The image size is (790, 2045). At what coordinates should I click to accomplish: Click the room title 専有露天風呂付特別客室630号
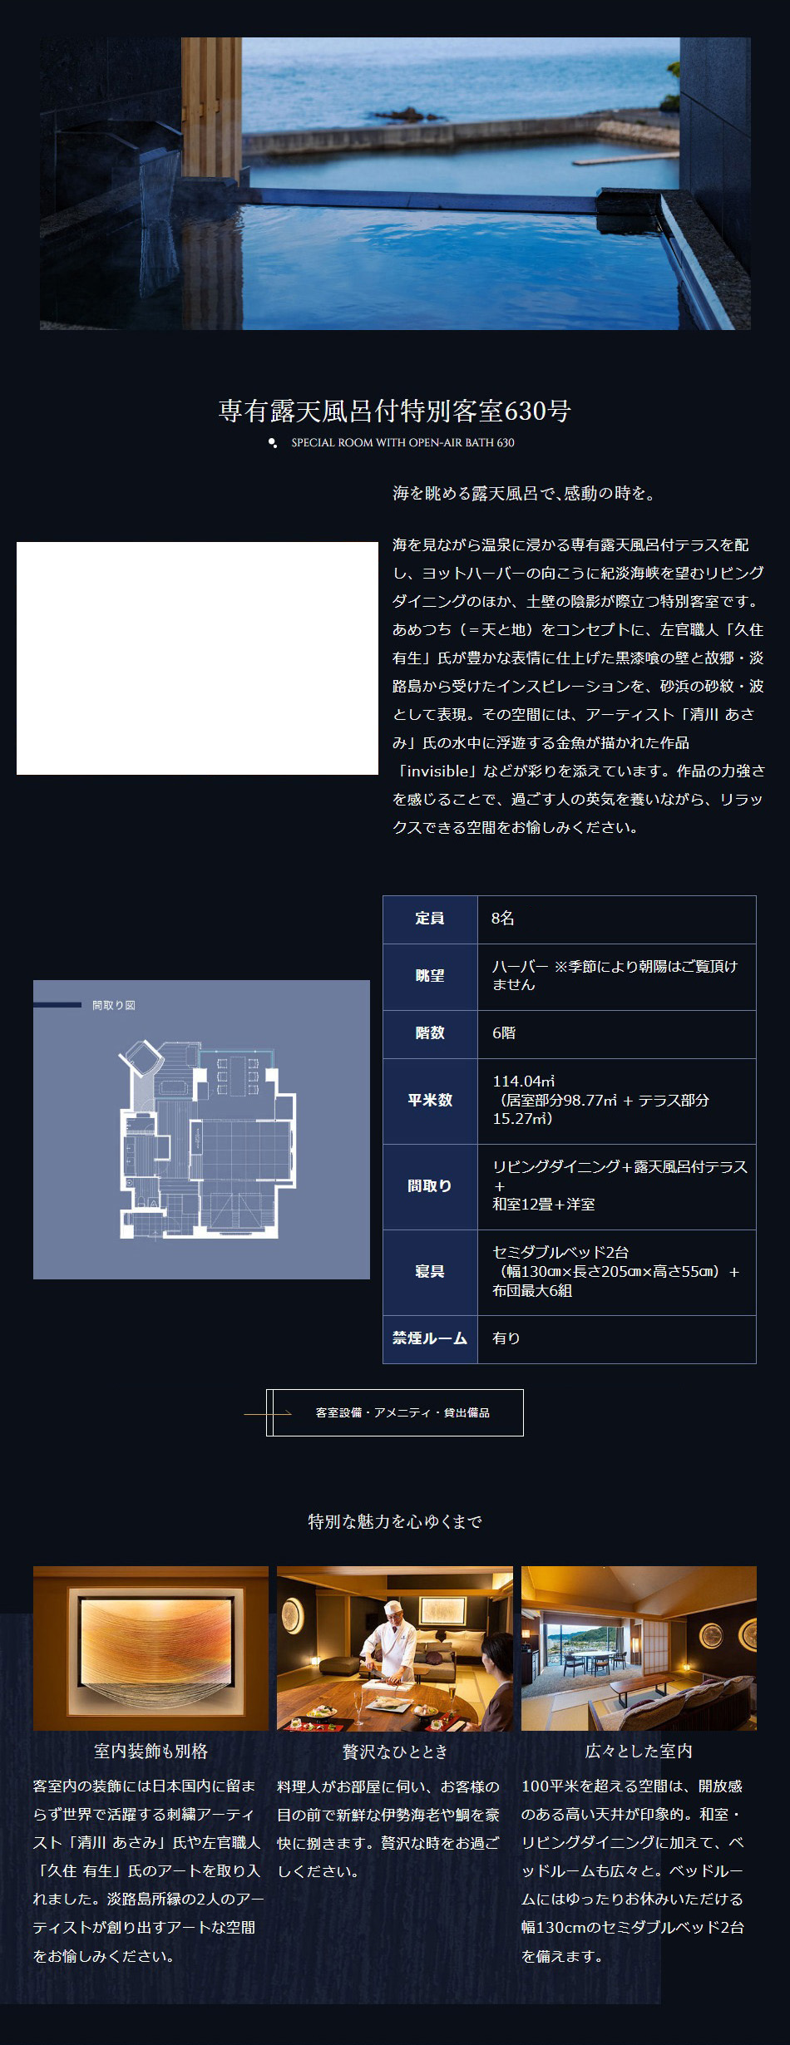[x=395, y=411]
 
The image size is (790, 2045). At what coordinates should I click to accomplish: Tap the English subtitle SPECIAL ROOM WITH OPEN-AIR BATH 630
[x=402, y=443]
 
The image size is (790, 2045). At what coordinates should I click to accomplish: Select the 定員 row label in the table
[x=430, y=919]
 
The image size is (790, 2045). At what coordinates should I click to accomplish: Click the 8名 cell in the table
[x=503, y=919]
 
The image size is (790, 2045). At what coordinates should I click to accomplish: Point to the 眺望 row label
[x=430, y=976]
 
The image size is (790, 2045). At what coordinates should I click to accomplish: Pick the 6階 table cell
[x=504, y=1033]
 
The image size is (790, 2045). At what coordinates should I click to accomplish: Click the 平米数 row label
[x=430, y=1100]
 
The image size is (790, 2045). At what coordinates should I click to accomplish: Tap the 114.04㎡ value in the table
[x=524, y=1082]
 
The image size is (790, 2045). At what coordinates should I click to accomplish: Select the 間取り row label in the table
[x=430, y=1186]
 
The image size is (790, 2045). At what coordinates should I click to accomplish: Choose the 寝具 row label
[x=430, y=1272]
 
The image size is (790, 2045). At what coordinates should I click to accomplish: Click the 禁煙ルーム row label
[x=430, y=1338]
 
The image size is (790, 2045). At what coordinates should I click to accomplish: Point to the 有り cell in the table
[x=506, y=1338]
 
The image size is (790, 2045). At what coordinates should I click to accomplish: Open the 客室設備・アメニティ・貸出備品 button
[x=395, y=1412]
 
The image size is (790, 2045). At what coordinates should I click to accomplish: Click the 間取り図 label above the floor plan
[x=114, y=1005]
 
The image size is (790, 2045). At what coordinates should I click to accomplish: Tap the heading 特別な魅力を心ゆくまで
[x=395, y=1521]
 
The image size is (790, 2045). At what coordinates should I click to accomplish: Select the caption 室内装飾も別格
[x=151, y=1751]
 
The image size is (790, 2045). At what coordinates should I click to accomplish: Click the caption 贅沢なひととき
[x=395, y=1751]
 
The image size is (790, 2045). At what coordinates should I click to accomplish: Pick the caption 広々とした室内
[x=639, y=1751]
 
